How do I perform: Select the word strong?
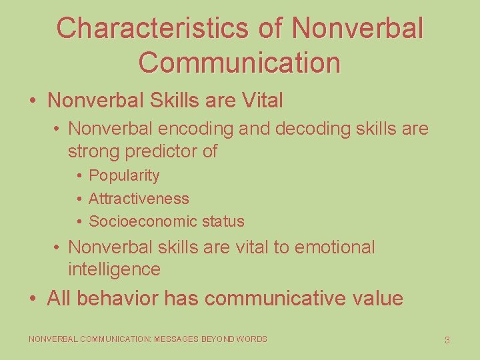[x=91, y=151]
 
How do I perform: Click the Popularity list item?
[x=124, y=176]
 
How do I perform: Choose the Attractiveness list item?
[x=139, y=199]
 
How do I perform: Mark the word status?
[x=223, y=221]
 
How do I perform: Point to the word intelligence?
[x=114, y=270]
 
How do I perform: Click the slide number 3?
[x=447, y=340]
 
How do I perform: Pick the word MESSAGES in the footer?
[x=177, y=339]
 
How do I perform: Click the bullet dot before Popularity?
[x=79, y=176]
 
